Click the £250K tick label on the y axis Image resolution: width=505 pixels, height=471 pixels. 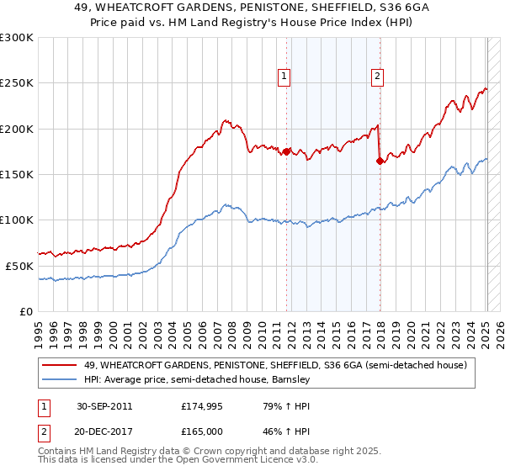17,83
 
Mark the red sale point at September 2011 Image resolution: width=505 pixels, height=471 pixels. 287,151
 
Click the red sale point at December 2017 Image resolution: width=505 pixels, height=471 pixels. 380,161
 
